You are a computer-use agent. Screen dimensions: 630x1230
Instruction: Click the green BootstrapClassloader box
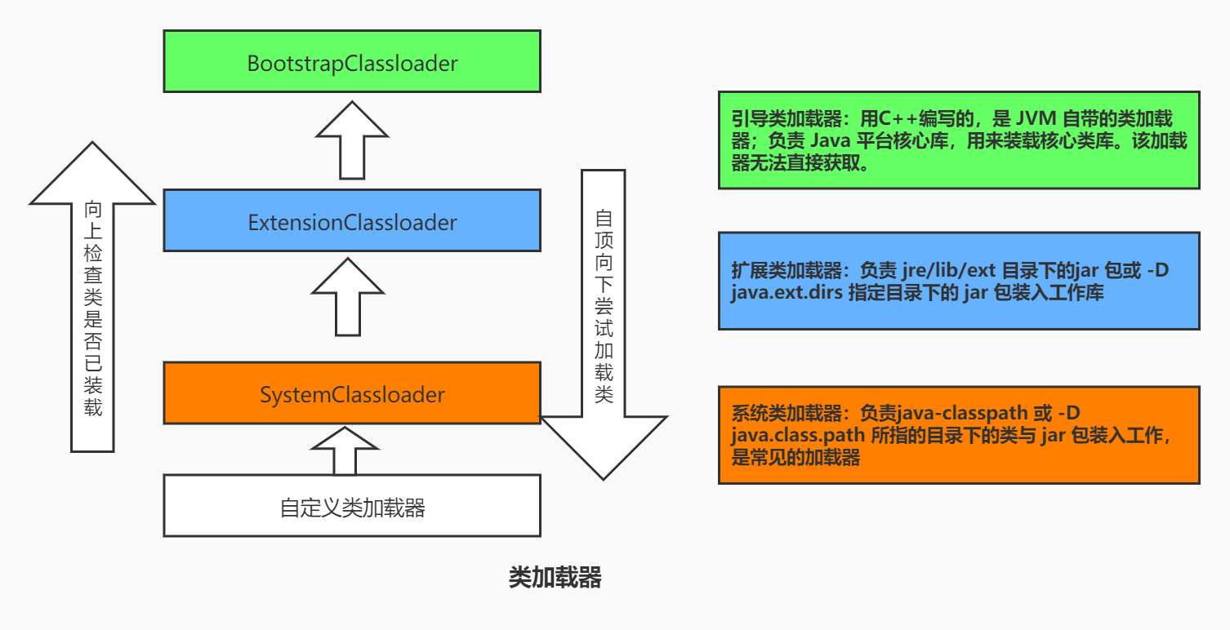[352, 62]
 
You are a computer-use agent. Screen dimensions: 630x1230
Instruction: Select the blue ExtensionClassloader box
[352, 221]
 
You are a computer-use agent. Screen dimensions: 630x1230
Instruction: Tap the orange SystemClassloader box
[352, 394]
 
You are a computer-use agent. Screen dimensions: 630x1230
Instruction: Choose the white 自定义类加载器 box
[352, 507]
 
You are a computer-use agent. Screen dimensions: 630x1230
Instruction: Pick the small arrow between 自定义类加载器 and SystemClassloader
[345, 450]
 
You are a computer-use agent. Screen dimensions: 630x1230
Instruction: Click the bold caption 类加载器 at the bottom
[555, 577]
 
